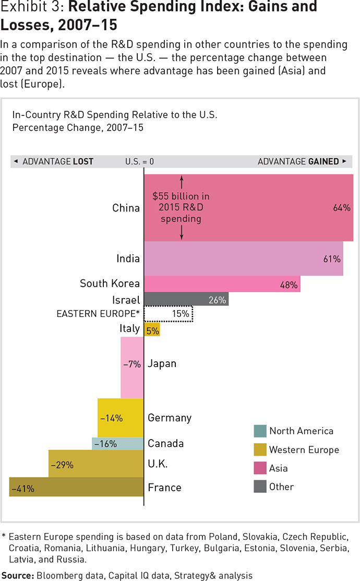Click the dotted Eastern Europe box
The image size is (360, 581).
(x=168, y=314)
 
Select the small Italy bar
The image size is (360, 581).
(x=152, y=329)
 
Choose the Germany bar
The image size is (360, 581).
(x=121, y=418)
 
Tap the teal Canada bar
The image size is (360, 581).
(x=117, y=444)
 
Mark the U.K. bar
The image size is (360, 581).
(x=96, y=464)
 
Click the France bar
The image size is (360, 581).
(x=77, y=488)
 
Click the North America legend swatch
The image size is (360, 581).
(x=260, y=431)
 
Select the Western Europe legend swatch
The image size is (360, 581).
(x=260, y=450)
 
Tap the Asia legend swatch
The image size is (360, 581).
(x=260, y=468)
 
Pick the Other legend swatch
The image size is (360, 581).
(x=260, y=487)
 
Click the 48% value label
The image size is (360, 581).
(x=289, y=285)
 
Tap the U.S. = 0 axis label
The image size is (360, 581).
(x=139, y=161)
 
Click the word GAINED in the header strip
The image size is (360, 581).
(x=323, y=161)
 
